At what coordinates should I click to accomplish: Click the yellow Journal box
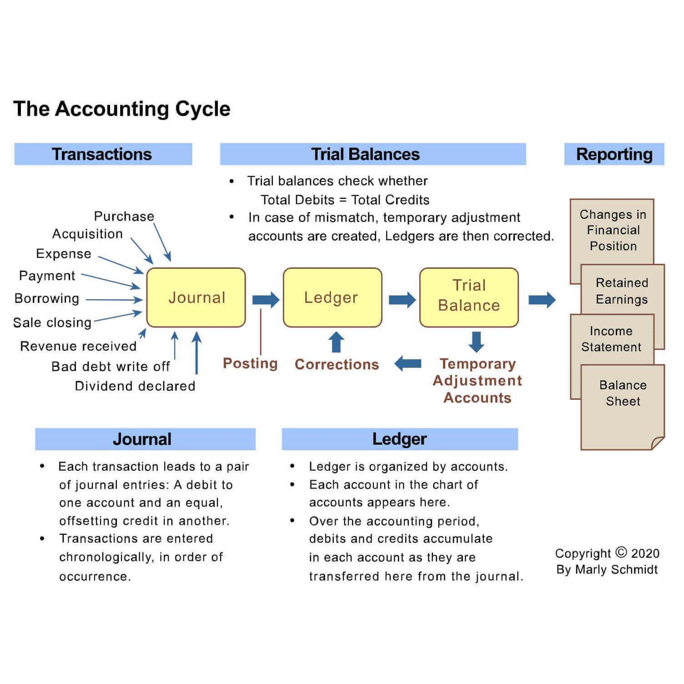(x=196, y=297)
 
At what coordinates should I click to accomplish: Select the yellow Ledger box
(x=332, y=297)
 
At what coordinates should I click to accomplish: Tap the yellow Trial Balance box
(x=468, y=297)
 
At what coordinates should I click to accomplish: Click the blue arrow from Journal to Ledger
(x=266, y=300)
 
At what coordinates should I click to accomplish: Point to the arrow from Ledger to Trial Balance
(x=402, y=300)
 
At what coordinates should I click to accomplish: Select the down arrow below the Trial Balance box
(x=476, y=342)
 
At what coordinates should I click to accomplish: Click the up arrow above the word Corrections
(x=336, y=342)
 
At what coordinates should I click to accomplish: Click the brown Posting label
(x=250, y=363)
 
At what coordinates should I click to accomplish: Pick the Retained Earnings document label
(x=622, y=291)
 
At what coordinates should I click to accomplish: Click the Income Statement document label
(x=611, y=339)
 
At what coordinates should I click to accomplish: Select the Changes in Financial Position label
(x=613, y=230)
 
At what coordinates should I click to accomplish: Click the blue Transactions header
(x=103, y=154)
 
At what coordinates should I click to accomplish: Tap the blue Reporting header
(x=614, y=154)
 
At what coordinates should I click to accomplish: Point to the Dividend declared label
(x=135, y=386)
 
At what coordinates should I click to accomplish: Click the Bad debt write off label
(x=111, y=367)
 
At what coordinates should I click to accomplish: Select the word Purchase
(x=124, y=216)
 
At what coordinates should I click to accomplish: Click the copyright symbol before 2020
(x=621, y=552)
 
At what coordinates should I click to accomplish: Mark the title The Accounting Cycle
(x=122, y=109)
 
